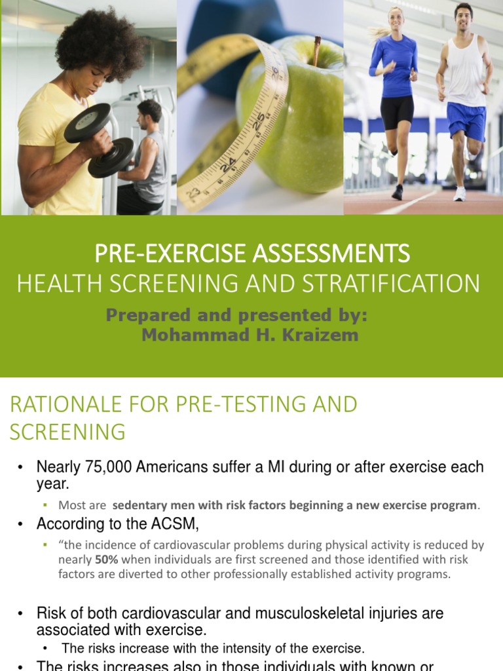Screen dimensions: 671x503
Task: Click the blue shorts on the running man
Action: [x=466, y=119]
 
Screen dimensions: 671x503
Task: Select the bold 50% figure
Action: [x=107, y=560]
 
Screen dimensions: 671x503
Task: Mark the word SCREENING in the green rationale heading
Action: [x=67, y=432]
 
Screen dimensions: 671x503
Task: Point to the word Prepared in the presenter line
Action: [x=155, y=315]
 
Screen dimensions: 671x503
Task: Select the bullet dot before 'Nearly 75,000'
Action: [x=21, y=468]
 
